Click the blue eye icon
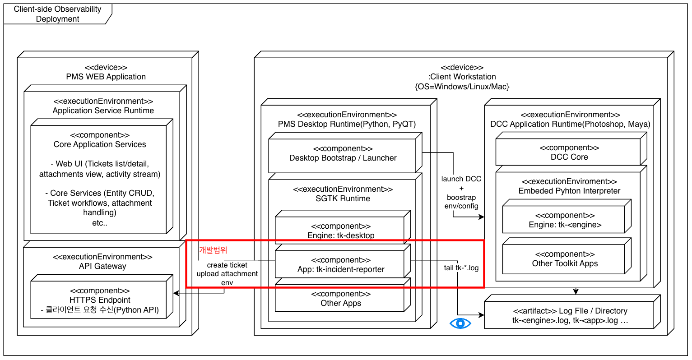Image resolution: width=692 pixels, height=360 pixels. [x=460, y=323]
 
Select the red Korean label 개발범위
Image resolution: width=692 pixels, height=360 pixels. [x=213, y=250]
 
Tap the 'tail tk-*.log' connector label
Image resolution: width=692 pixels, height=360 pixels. [x=461, y=268]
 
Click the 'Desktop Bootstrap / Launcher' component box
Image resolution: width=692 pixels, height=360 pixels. [x=343, y=154]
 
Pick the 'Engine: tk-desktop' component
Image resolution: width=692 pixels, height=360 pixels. [x=341, y=231]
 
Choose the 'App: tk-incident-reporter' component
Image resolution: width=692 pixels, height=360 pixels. [x=341, y=265]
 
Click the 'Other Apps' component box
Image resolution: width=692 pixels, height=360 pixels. [x=340, y=299]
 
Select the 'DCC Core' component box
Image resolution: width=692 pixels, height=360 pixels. [x=569, y=152]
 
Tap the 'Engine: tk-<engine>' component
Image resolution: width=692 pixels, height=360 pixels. [x=565, y=221]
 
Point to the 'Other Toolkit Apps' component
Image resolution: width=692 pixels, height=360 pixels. [x=565, y=259]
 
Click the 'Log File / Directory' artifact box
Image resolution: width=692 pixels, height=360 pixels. [x=570, y=316]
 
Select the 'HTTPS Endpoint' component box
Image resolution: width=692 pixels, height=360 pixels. [x=100, y=300]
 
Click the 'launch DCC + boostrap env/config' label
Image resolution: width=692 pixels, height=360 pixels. [x=461, y=193]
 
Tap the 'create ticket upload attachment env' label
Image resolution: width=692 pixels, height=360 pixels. [x=227, y=274]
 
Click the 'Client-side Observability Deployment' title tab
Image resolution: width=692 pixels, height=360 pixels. [x=57, y=14]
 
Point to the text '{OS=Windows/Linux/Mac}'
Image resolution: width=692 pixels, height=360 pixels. [x=462, y=86]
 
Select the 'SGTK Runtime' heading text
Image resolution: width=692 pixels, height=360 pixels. [x=343, y=198]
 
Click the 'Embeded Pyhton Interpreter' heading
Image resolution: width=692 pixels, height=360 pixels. [x=569, y=191]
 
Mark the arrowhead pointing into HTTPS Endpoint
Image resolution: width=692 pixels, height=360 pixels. [x=176, y=293]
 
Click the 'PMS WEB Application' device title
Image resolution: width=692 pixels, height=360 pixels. [x=106, y=77]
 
